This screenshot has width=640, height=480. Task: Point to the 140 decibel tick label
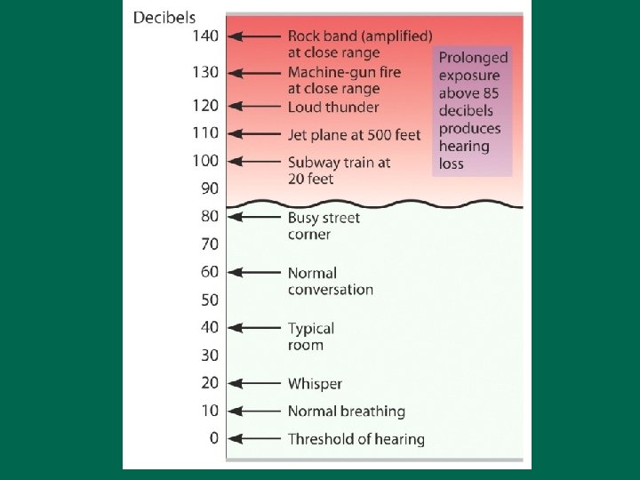pyautogui.click(x=204, y=36)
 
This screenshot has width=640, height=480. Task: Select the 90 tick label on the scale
pyautogui.click(x=208, y=188)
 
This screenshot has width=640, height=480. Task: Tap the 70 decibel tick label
pyautogui.click(x=208, y=244)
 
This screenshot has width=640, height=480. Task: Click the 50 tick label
pyautogui.click(x=208, y=300)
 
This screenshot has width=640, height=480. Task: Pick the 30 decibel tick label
pyautogui.click(x=208, y=355)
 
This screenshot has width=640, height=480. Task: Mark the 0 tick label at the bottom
pyautogui.click(x=212, y=438)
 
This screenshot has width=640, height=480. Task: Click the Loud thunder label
pyautogui.click(x=333, y=107)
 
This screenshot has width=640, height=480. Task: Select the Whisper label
pyautogui.click(x=315, y=384)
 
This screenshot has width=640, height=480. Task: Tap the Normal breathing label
pyautogui.click(x=346, y=412)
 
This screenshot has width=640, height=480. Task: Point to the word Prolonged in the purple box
pyautogui.click(x=473, y=58)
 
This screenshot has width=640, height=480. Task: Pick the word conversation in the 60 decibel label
pyautogui.click(x=330, y=290)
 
